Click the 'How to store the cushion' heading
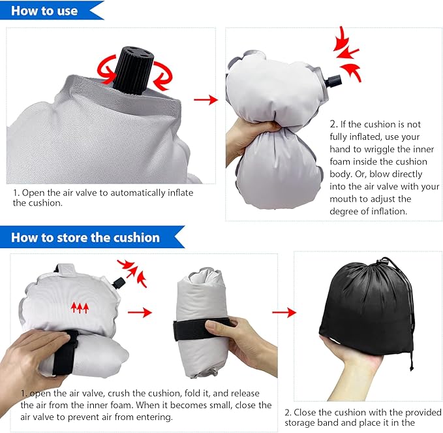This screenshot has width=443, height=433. tap(85, 238)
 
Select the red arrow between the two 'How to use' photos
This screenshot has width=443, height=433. tap(206, 99)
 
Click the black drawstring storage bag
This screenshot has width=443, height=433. tap(365, 307)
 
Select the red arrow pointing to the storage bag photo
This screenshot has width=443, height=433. tap(281, 312)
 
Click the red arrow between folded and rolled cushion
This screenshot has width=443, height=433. tap(140, 312)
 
